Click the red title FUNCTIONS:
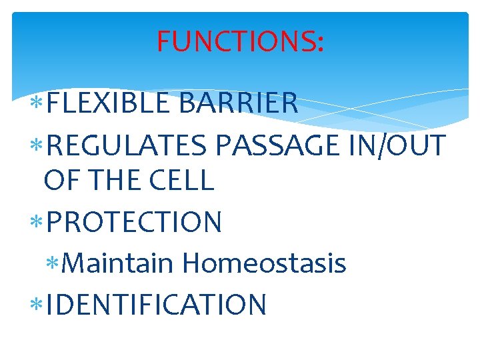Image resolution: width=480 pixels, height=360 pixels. pos(240,41)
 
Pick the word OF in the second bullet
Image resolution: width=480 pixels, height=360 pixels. pos(60,180)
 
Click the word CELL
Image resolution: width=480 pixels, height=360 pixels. pos(184,180)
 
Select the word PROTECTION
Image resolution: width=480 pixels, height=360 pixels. pos(134,222)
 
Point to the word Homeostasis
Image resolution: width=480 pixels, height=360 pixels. pos(264,263)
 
